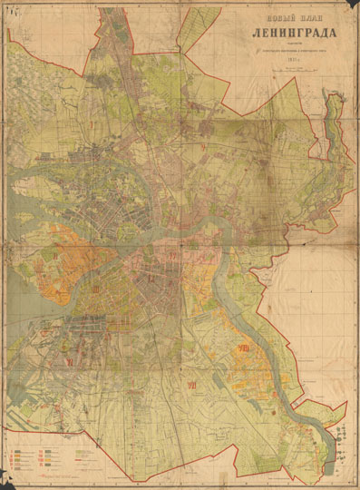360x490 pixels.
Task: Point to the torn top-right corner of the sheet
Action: [x=352, y=7]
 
